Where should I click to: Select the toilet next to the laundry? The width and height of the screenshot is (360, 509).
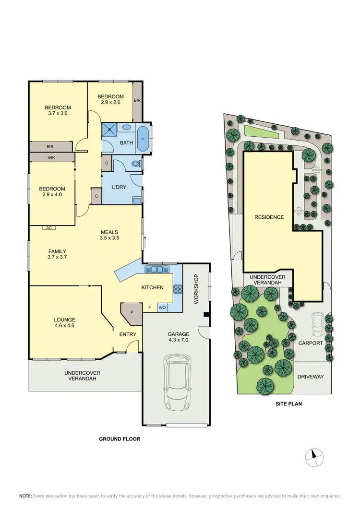136,165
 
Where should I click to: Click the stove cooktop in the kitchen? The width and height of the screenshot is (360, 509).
177,289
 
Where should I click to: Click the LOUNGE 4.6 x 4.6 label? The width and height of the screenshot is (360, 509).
65,322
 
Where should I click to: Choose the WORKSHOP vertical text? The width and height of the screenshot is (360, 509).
195,289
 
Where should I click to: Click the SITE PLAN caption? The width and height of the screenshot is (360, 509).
289,403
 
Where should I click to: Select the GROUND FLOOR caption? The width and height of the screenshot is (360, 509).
119,438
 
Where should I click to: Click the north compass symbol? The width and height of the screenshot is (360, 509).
314,456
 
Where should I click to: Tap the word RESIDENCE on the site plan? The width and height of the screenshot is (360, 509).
269,217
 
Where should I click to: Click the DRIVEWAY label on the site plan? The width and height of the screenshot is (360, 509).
311,377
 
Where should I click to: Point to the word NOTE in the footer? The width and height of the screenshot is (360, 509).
25,496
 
